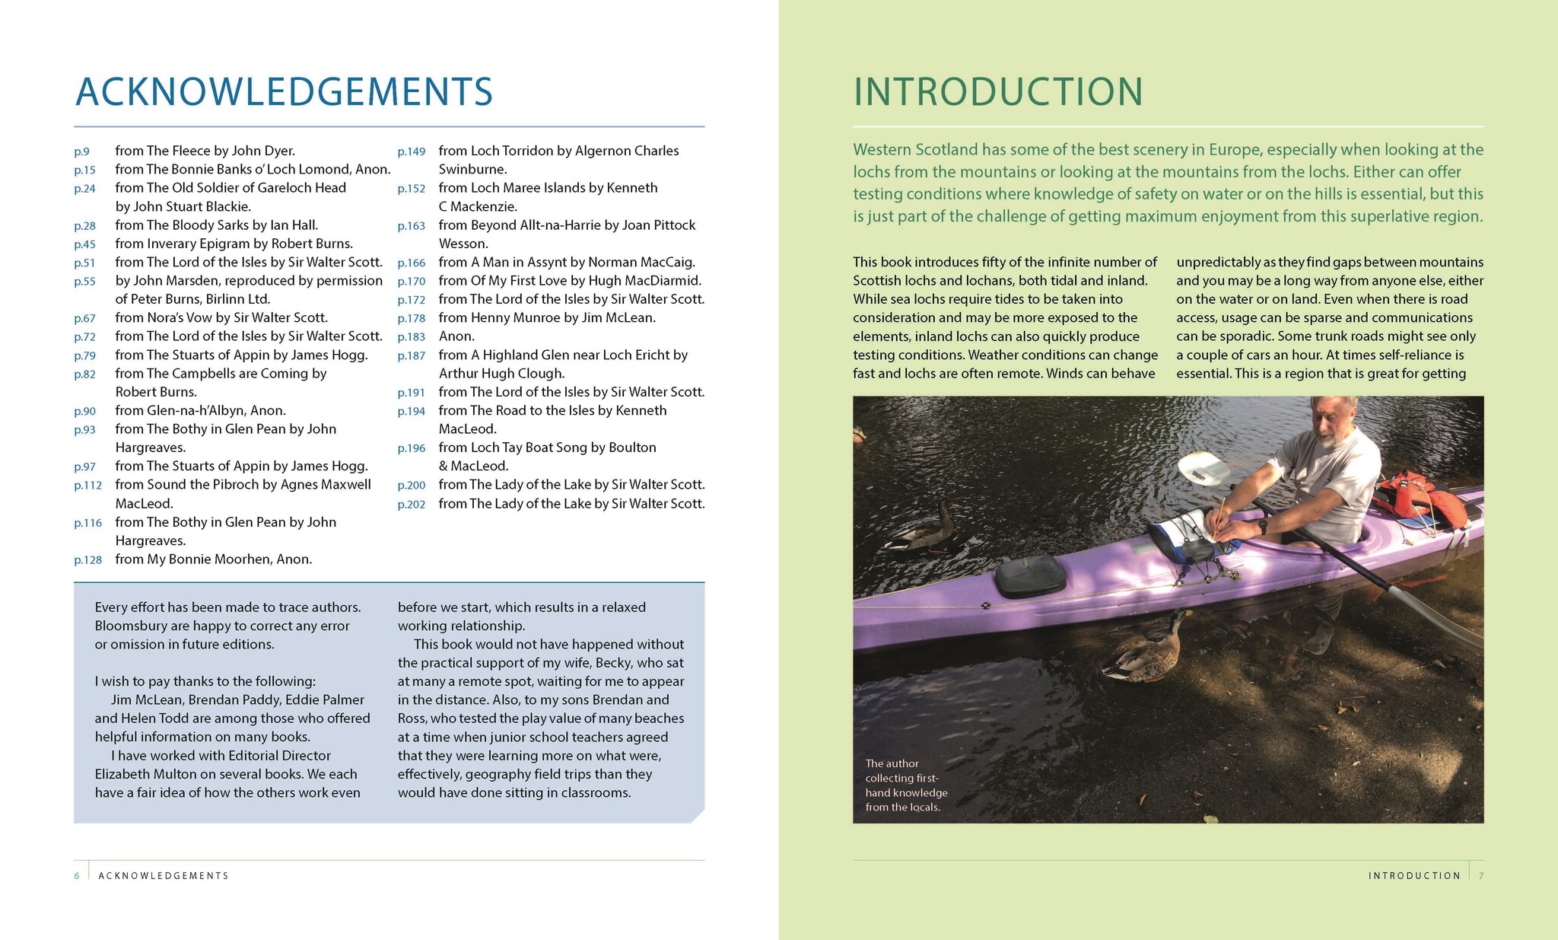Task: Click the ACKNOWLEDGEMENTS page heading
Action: pos(284,91)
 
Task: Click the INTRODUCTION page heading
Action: pos(998,91)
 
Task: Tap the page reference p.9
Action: pos(81,151)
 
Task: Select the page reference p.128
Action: pos(87,560)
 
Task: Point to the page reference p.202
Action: pos(411,505)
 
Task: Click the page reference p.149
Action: pos(411,151)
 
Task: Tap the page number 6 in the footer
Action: pos(77,876)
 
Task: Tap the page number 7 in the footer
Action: pos(1481,876)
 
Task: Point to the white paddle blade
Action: pos(1204,469)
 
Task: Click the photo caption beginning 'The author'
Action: pos(905,785)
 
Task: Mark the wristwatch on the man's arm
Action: pos(1262,526)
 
